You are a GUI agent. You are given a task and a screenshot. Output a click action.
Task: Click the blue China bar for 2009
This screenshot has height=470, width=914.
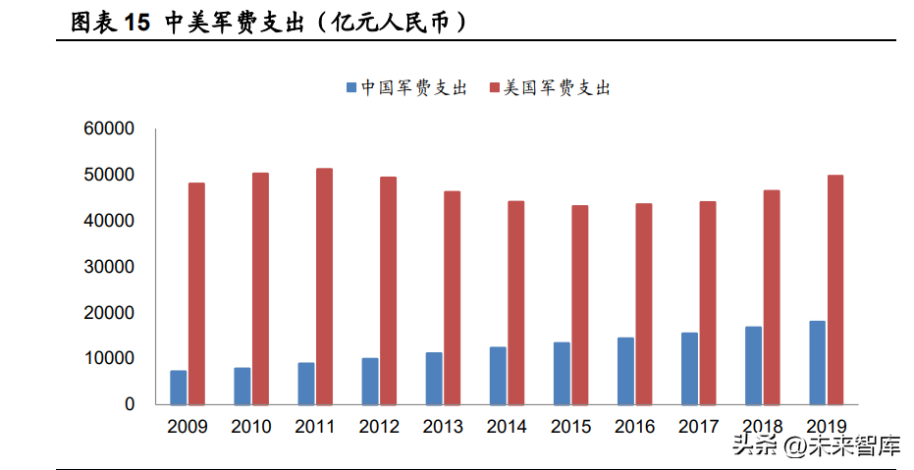tap(179, 388)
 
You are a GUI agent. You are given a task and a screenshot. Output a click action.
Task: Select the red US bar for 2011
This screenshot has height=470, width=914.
tap(324, 287)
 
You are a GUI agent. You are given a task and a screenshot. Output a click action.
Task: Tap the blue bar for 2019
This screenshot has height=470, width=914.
tap(817, 363)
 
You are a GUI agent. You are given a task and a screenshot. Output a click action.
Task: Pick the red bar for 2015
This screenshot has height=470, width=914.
tap(580, 305)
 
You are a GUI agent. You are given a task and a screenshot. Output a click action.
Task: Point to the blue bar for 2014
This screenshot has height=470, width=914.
tap(498, 376)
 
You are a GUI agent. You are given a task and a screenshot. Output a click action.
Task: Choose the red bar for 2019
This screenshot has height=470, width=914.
tap(835, 290)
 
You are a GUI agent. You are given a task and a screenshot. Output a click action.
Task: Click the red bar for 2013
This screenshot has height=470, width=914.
tap(452, 297)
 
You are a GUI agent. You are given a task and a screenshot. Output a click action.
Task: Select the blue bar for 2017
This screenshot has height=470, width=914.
tap(689, 369)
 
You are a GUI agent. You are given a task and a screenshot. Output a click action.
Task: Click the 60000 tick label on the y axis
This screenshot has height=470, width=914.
tap(109, 129)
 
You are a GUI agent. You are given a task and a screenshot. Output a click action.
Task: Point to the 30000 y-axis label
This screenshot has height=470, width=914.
tap(109, 267)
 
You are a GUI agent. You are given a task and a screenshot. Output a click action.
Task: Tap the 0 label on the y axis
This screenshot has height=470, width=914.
tap(130, 404)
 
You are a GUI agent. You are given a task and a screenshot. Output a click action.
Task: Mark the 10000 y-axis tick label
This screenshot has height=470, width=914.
tap(109, 358)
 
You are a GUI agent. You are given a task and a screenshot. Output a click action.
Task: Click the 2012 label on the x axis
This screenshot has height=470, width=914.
tap(379, 427)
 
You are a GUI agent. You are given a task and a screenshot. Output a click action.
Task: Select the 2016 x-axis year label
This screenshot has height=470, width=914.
tap(635, 427)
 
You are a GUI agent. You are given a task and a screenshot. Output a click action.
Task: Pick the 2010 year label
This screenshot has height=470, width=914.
tap(251, 427)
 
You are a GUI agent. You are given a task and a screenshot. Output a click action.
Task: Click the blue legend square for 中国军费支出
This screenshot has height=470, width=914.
tap(351, 88)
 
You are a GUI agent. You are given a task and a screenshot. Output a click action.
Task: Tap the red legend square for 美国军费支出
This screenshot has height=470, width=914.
tap(495, 88)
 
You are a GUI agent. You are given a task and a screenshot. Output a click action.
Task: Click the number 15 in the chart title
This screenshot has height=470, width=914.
tap(137, 23)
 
